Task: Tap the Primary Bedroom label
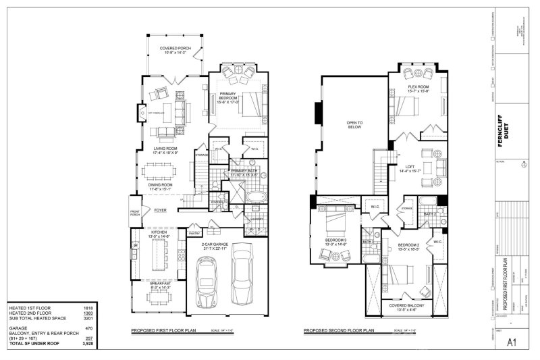[x=230, y=99]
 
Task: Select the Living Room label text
[x=166, y=150]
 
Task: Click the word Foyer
[x=160, y=210]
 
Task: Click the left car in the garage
[x=206, y=279]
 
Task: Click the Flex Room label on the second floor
[x=419, y=88]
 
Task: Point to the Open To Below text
[x=355, y=124]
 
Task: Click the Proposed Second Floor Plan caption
[x=338, y=330]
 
